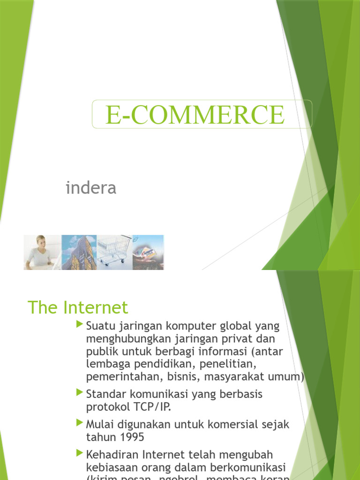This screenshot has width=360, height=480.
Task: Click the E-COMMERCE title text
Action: (195, 114)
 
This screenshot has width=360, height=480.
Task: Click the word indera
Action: (91, 188)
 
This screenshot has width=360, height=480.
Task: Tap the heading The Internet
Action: (78, 307)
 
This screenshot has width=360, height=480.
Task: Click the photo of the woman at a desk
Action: (43, 252)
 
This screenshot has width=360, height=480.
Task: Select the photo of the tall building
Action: (79, 252)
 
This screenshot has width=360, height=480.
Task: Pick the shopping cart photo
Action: (114, 252)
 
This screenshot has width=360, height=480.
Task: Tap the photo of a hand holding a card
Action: (148, 252)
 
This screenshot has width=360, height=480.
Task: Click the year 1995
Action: (132, 437)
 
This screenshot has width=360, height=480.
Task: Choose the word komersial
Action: (237, 425)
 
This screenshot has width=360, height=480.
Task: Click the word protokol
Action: (107, 406)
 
